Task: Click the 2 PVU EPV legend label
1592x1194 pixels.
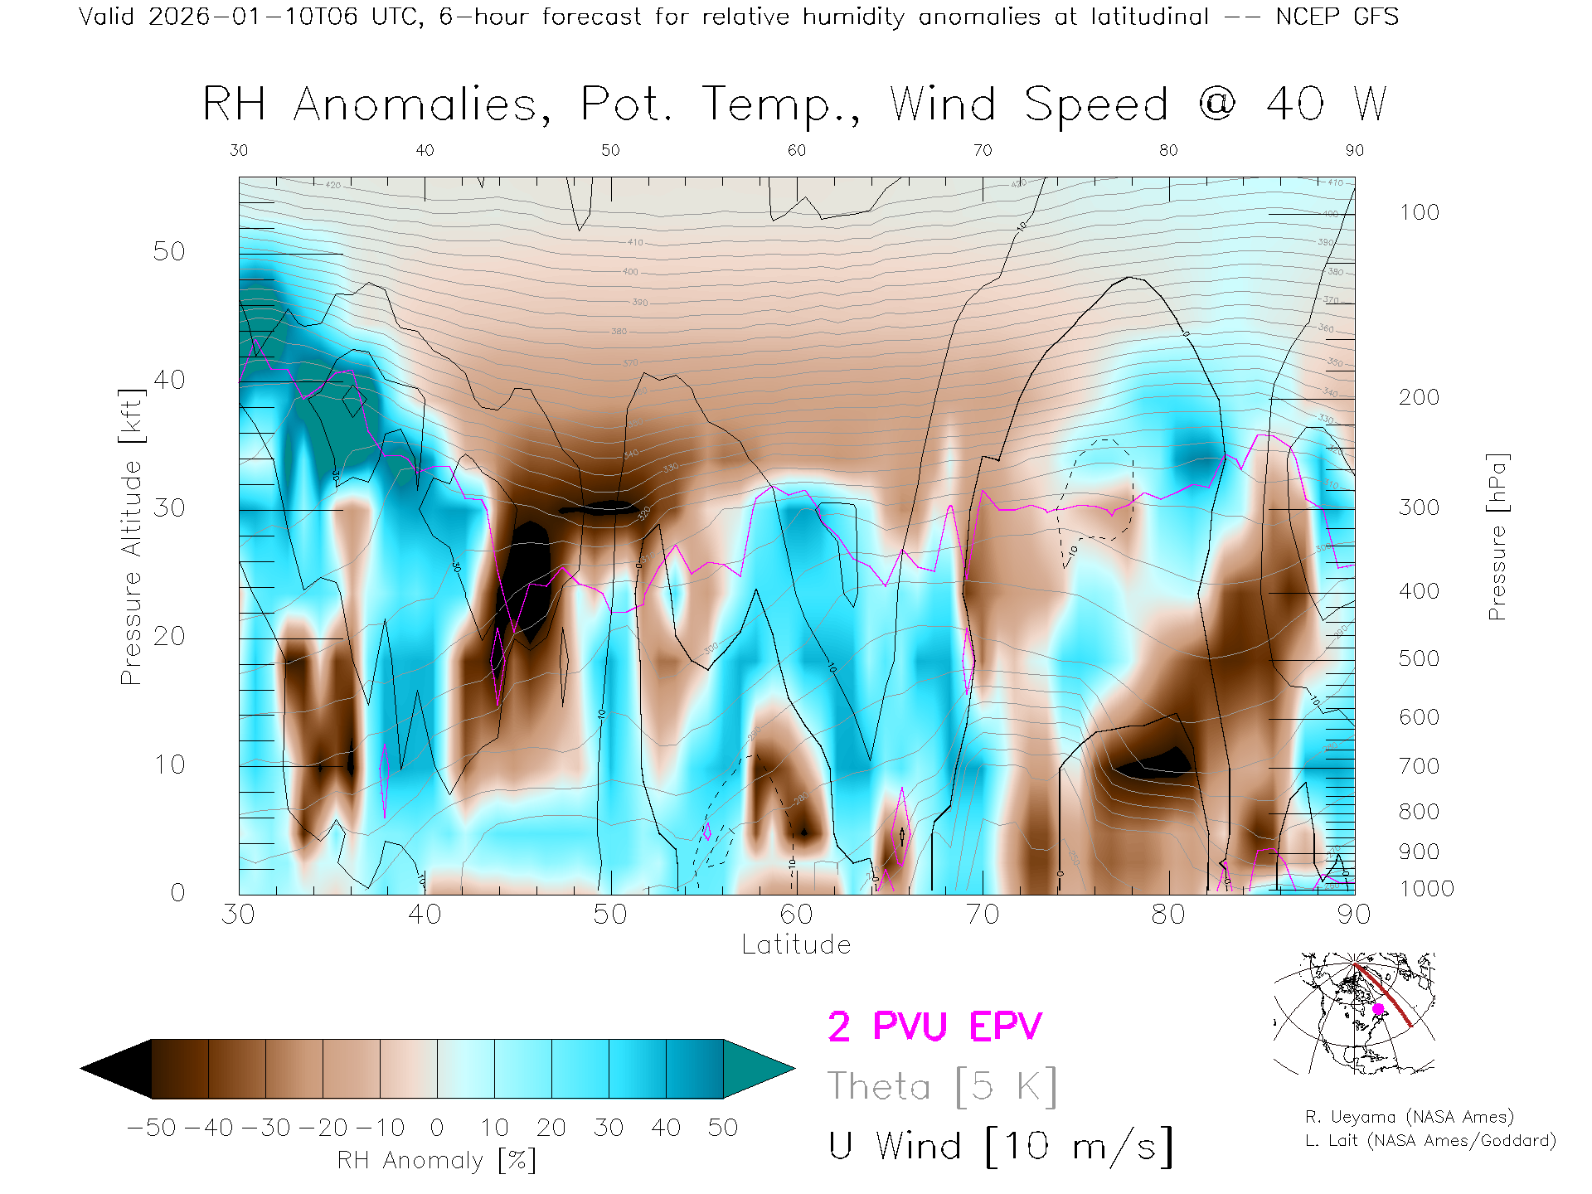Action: tap(934, 1027)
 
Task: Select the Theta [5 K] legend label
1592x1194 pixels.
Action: tap(942, 1086)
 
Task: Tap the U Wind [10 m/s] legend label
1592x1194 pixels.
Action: tap(1000, 1147)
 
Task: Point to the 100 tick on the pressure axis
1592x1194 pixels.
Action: tap(1420, 212)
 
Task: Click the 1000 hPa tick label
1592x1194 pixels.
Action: tap(1426, 889)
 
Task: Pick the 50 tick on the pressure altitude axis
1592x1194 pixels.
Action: tap(169, 251)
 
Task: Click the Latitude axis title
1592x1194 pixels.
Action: tap(796, 945)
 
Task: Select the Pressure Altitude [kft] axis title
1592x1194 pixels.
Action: tap(131, 536)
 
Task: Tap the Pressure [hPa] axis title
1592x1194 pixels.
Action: tap(1497, 536)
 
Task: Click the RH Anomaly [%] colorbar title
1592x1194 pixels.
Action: tap(436, 1160)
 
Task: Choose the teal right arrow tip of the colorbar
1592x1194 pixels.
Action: tap(759, 1069)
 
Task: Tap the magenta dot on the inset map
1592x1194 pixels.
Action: tap(1379, 1009)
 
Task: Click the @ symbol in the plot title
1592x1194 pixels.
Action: tap(1217, 104)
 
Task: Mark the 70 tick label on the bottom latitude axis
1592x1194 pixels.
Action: tap(983, 915)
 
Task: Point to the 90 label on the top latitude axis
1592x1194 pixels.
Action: tap(1354, 150)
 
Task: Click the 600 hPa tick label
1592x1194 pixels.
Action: tap(1420, 717)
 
